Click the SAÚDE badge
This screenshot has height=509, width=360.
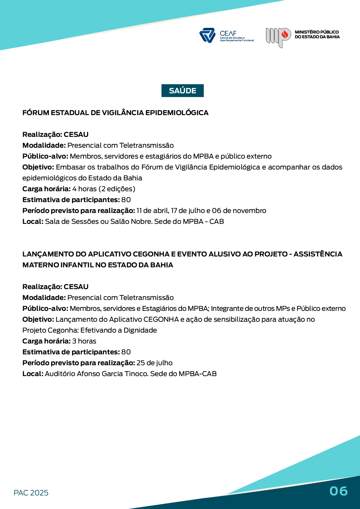tap(183, 91)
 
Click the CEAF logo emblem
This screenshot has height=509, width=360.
tap(207, 35)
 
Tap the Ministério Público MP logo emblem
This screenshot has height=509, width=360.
tap(278, 37)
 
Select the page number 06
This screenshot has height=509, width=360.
tap(339, 491)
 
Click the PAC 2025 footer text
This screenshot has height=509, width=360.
tap(31, 493)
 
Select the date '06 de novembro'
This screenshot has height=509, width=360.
tap(239, 211)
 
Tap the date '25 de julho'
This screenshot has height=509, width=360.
tap(154, 363)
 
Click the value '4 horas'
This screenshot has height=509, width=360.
tap(84, 189)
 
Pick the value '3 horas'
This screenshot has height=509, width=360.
tap(84, 341)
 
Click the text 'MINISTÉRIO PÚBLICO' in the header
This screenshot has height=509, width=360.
tap(317, 32)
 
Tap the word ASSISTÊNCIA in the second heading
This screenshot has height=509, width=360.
tap(318, 254)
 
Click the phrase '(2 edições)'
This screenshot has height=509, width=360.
tap(117, 189)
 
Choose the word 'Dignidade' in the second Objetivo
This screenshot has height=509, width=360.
tap(140, 330)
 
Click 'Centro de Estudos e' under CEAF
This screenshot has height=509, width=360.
tap(232, 38)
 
